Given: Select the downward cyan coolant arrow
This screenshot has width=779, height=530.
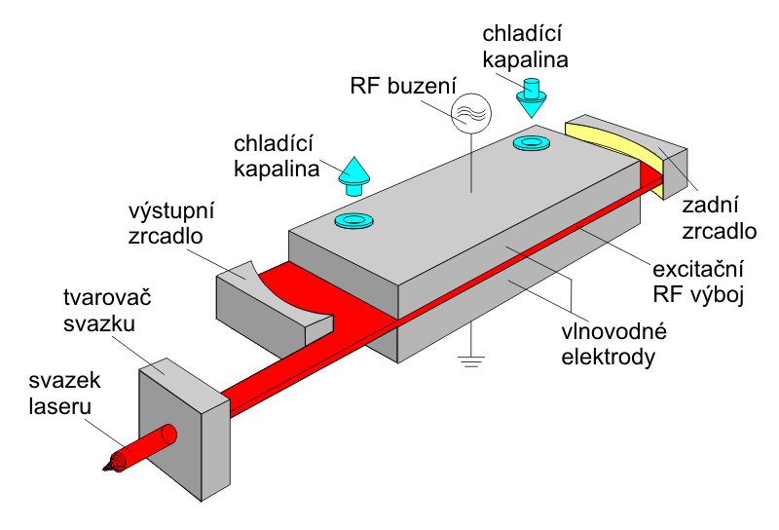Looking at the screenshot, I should point(532,97).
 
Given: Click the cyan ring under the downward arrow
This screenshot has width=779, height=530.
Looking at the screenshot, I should point(531,144).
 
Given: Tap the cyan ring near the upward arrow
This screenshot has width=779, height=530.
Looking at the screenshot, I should point(354,220).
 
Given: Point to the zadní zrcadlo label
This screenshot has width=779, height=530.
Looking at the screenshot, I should point(720,218).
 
